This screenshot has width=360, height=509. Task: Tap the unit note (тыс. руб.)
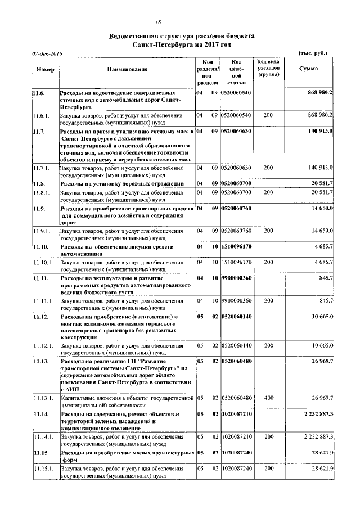point(310,53)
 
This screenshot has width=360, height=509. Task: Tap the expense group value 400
point(268,398)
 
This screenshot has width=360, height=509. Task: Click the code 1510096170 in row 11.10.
point(236,246)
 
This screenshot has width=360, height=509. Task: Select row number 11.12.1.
point(43,344)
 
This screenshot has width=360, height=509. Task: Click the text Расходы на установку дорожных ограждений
point(122,184)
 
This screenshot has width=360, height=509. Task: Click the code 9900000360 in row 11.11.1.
point(236,301)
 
